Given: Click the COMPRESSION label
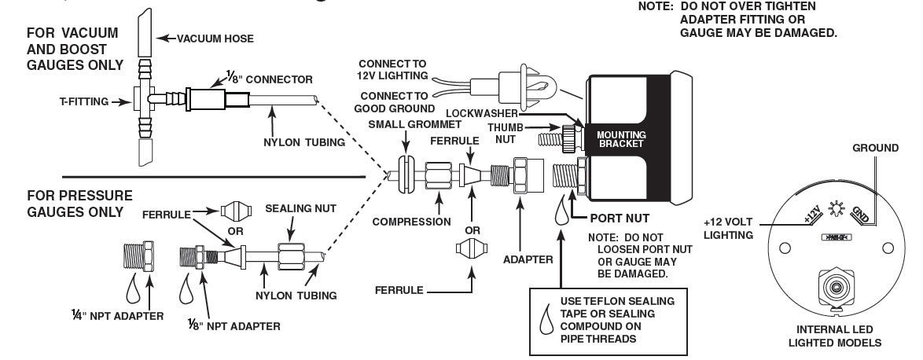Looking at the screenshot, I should [x=411, y=222].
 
